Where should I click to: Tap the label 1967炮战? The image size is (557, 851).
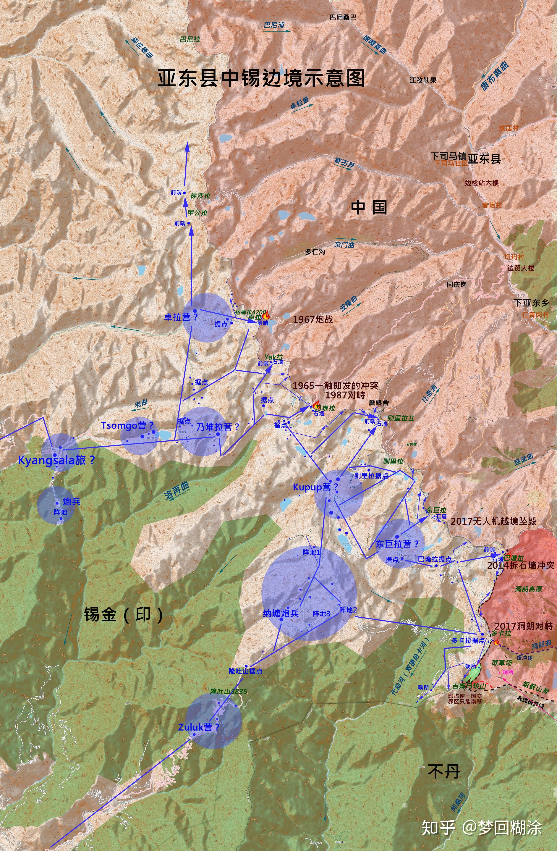(x=313, y=319)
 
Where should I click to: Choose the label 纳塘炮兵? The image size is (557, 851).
(x=281, y=613)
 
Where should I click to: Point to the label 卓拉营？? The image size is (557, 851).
(x=181, y=317)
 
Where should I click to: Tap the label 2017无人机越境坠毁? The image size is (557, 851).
(x=493, y=521)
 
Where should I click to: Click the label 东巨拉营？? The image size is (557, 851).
(x=397, y=544)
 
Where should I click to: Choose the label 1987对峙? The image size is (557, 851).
(x=345, y=395)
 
